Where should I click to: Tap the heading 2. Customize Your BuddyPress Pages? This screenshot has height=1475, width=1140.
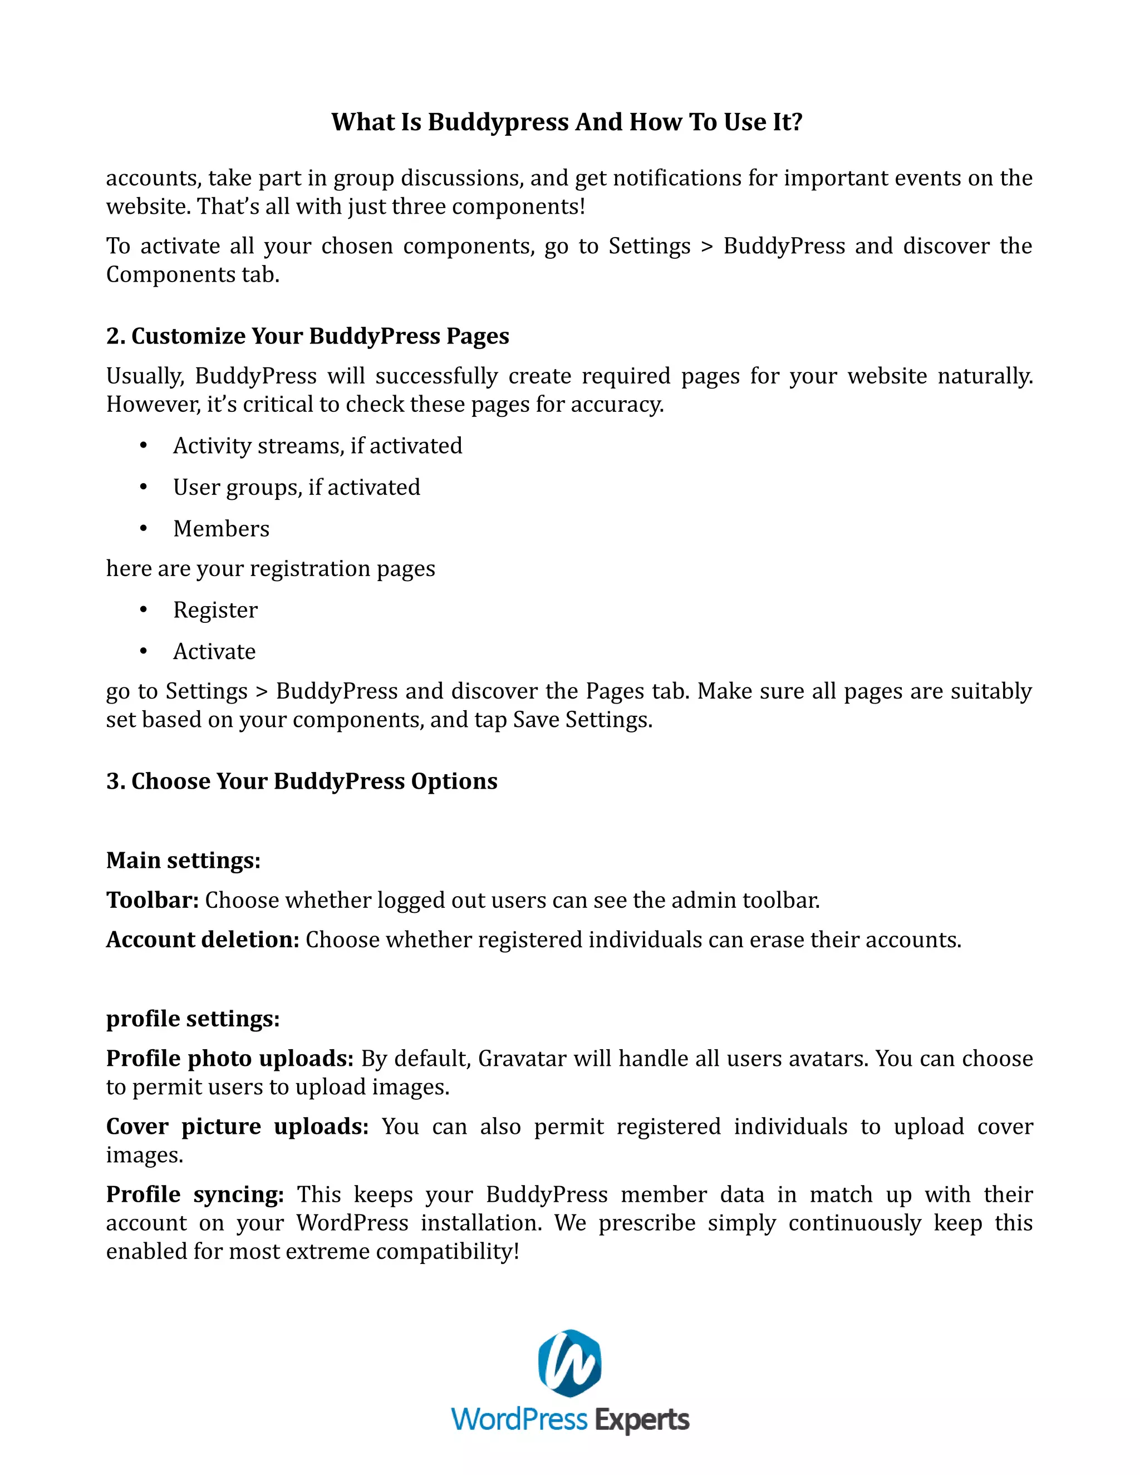pos(307,336)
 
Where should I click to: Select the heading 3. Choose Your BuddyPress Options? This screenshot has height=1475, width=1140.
pos(301,781)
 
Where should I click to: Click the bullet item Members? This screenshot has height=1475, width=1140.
pos(221,529)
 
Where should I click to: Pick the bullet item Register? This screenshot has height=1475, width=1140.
pos(215,611)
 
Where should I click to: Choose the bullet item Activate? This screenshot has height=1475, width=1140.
pos(214,652)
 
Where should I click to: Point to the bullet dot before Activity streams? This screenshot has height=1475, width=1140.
pos(143,446)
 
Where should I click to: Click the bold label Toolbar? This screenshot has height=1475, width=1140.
pos(152,900)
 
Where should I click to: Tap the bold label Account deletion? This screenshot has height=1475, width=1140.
pos(202,940)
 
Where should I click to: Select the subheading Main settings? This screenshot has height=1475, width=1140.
pos(183,861)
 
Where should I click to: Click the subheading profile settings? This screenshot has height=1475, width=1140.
pos(193,1019)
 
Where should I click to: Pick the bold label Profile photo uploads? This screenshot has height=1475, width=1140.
pos(230,1058)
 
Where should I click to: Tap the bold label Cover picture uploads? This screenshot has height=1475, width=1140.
pos(237,1127)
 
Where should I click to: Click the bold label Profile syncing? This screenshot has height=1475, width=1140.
pos(194,1194)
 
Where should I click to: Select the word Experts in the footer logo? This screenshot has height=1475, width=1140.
pos(642,1420)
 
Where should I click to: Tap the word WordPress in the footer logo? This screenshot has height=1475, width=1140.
pos(519,1420)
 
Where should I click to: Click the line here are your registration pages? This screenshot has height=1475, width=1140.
pos(270,569)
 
